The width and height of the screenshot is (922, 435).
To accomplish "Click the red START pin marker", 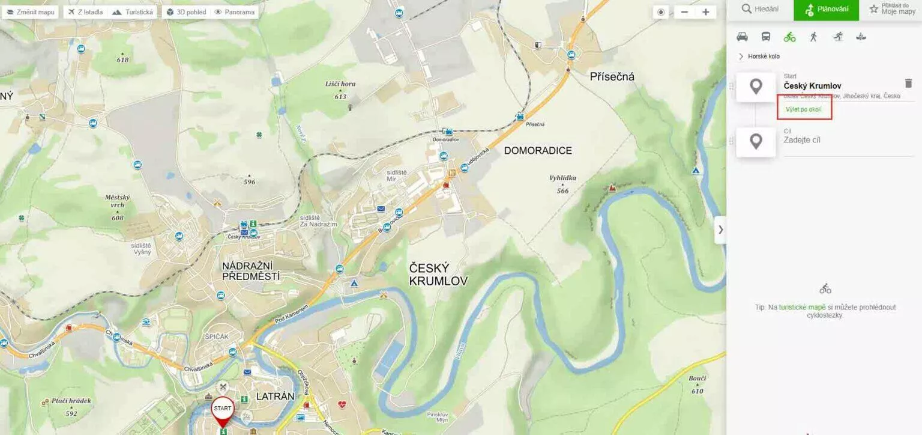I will coord(223,409).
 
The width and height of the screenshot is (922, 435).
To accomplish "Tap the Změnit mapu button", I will coord(30,12).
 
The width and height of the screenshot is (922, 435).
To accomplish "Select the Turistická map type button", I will coord(133,12).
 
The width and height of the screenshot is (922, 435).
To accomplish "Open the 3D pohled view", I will coord(186,12).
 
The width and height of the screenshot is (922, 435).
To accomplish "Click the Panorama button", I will coord(235,12).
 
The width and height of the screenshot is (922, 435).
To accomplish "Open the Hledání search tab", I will coord(760,9).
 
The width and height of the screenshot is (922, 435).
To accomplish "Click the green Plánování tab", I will coord(827,9).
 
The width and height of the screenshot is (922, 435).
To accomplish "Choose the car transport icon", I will coord(742,37).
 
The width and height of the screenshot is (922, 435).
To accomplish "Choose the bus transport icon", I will coord(766,37).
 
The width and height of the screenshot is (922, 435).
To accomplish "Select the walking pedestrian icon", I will coord(813,37).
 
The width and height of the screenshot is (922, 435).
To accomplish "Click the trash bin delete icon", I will coord(908,84).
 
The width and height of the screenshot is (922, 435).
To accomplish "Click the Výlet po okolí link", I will coord(803,109).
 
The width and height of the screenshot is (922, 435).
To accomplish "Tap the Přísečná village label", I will coord(612,76).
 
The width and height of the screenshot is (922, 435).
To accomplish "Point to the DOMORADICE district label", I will coord(538,151).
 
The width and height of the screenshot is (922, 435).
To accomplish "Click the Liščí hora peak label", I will coord(340,84).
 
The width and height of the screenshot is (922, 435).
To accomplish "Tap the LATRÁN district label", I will coord(276,397).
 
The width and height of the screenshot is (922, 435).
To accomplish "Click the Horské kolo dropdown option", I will coord(764,56).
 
